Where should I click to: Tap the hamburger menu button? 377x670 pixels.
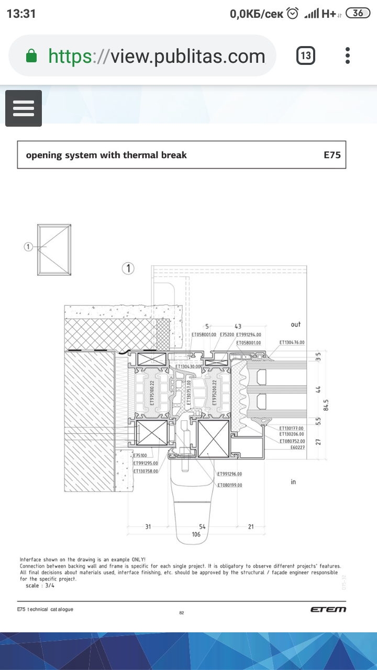pos(24,108)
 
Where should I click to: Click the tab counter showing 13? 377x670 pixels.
pos(306,55)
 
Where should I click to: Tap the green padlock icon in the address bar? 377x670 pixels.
pos(31,55)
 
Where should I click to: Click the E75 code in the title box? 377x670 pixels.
pos(332,155)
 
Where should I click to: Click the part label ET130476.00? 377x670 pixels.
pos(292,342)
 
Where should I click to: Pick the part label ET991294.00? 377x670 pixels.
pos(248,334)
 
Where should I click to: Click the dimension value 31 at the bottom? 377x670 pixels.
pos(148,527)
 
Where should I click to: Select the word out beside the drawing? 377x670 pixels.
pos(296,325)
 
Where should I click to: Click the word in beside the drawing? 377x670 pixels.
pos(293,482)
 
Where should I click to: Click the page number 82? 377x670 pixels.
pos(182,613)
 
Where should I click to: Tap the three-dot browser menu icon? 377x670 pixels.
pos(348,55)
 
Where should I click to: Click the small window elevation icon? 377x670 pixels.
pos(54,249)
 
